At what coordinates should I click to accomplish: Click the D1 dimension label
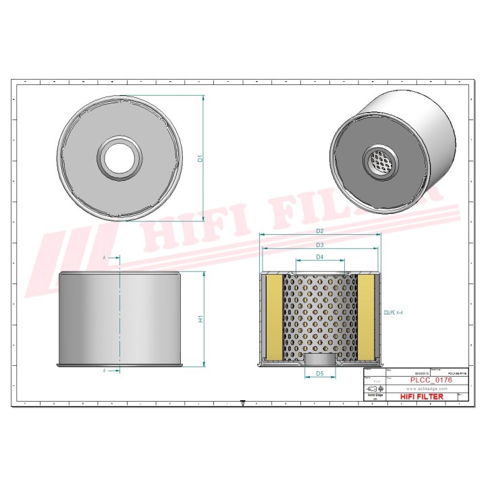[200, 159]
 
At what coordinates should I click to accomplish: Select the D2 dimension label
[321, 231]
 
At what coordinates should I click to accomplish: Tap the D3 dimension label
[321, 244]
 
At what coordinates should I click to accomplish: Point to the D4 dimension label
[321, 257]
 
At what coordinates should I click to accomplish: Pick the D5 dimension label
[321, 373]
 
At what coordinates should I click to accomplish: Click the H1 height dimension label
[200, 319]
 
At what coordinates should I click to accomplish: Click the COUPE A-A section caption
[393, 314]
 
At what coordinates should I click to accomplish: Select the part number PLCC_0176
[431, 381]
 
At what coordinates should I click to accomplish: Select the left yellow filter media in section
[274, 317]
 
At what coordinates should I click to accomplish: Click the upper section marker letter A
[105, 259]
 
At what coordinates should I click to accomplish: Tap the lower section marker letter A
[105, 371]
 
